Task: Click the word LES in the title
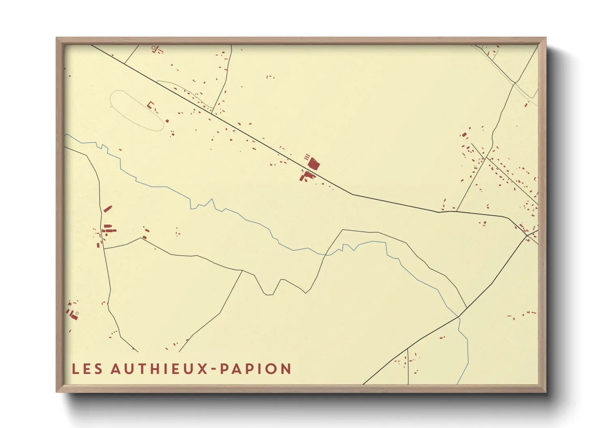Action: point(87,369)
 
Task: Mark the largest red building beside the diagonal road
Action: point(314,164)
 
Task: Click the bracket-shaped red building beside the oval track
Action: point(151,105)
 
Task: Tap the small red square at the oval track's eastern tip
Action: point(167,121)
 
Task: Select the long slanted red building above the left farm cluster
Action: point(107,209)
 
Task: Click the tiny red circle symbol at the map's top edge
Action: point(153,48)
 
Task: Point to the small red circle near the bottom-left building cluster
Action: point(77,313)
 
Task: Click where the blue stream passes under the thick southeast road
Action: point(459,317)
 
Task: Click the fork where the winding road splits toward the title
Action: point(242,271)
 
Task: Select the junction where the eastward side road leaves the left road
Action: point(104,248)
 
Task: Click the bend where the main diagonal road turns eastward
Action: point(352,195)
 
